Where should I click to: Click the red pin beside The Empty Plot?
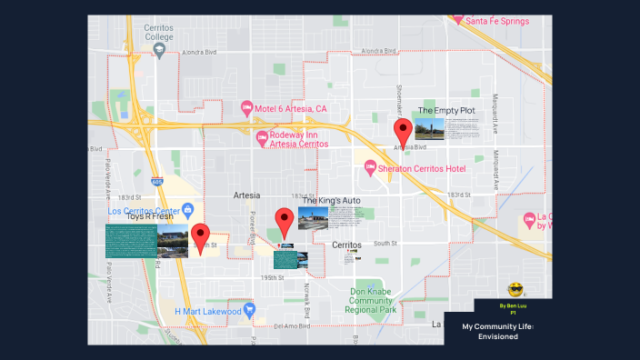[402, 132]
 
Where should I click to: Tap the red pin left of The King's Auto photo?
[285, 222]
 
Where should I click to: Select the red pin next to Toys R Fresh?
[200, 236]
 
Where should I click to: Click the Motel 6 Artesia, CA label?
[290, 109]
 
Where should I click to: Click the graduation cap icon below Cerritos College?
[160, 50]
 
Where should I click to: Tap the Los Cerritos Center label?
[143, 211]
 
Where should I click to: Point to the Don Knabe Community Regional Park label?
[374, 301]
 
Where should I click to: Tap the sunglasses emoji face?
[515, 290]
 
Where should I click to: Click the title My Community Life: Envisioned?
[497, 331]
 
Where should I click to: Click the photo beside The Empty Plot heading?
[429, 128]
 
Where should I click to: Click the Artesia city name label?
[246, 195]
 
